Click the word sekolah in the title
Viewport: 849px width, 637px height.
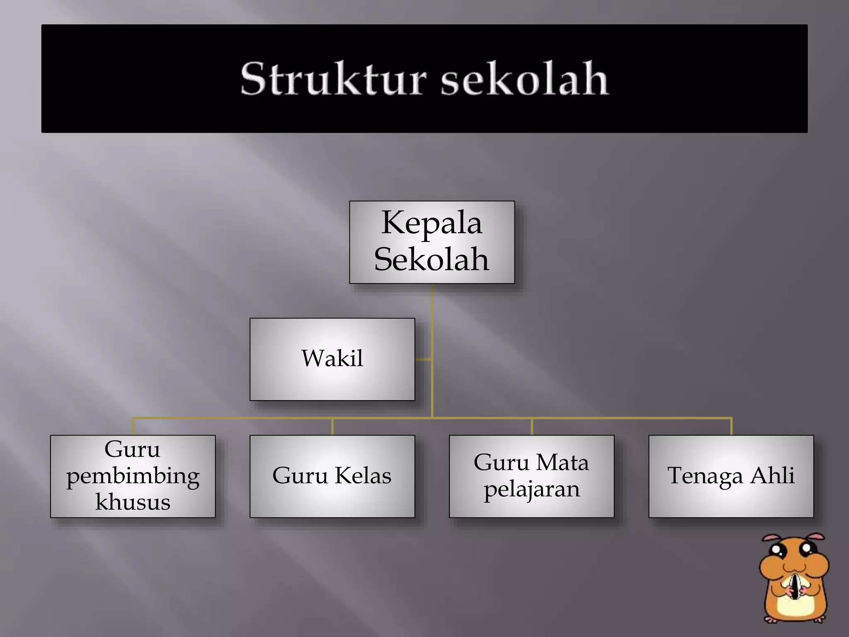click(524, 79)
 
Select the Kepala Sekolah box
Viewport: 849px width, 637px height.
click(432, 242)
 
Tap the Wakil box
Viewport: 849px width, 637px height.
click(332, 359)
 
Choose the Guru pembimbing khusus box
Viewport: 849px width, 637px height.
click(133, 476)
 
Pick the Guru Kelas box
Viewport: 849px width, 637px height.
click(332, 476)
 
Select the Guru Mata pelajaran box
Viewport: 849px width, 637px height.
click(531, 476)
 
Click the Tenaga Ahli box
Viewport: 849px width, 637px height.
click(731, 476)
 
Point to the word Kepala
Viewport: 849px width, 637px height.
click(432, 223)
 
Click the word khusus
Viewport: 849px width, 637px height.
click(133, 502)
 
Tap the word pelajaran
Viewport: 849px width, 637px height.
click(531, 489)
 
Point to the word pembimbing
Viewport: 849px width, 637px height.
click(133, 476)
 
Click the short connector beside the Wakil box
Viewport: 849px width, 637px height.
click(423, 360)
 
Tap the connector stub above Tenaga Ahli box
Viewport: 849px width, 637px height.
click(731, 427)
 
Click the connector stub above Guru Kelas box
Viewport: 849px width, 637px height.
click(332, 427)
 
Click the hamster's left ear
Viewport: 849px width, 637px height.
click(771, 539)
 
